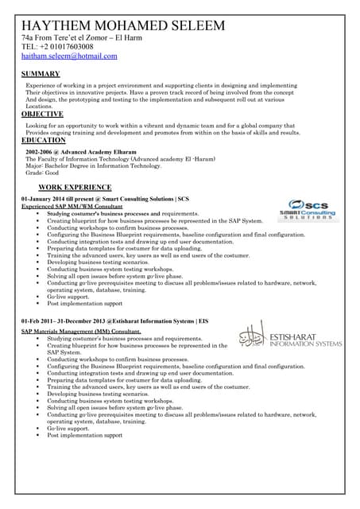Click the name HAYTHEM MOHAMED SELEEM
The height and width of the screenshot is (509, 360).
pos(123,26)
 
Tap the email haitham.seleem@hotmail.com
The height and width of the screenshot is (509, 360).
pos(69,56)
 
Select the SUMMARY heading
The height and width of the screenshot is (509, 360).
pos(41,74)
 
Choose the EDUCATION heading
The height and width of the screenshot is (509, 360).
pos(44,140)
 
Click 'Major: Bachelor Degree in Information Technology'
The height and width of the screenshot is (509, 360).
pos(94,165)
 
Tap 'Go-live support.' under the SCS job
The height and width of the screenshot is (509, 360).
pos(68,297)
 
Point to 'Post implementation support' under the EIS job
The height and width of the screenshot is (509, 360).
pos(85,436)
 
